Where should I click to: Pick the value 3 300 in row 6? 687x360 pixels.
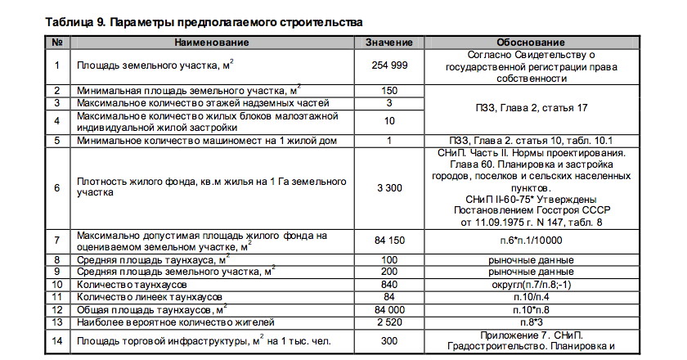point(388,187)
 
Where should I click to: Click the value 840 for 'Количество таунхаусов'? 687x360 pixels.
point(388,284)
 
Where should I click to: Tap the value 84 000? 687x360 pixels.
point(388,309)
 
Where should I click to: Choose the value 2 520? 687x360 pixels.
point(388,322)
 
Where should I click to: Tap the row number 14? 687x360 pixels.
point(56,340)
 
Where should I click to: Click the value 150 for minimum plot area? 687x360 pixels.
point(388,90)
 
